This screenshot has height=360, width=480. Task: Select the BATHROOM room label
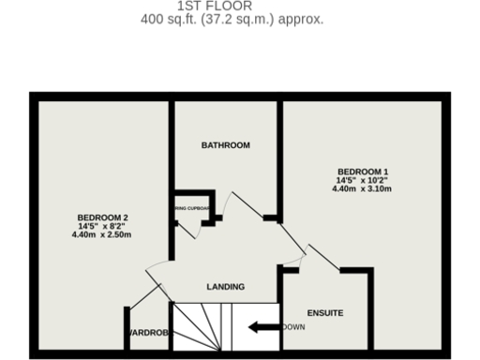pos(226,145)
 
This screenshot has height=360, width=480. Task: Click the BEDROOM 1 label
pos(361,172)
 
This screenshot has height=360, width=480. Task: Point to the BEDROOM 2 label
pos(102,217)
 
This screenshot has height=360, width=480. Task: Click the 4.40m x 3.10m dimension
pos(361,189)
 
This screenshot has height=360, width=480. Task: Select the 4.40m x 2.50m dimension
pos(102,235)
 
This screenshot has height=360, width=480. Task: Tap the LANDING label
pos(225,287)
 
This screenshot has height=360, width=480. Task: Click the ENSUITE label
pos(325,312)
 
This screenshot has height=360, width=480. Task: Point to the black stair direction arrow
pos(263,327)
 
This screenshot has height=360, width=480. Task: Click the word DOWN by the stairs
pos(292,327)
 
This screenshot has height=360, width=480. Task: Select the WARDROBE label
pos(148,333)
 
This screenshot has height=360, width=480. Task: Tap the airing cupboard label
pos(191,209)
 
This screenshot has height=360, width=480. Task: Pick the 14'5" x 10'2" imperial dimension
pos(361,180)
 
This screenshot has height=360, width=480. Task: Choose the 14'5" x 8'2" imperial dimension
pos(102,226)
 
